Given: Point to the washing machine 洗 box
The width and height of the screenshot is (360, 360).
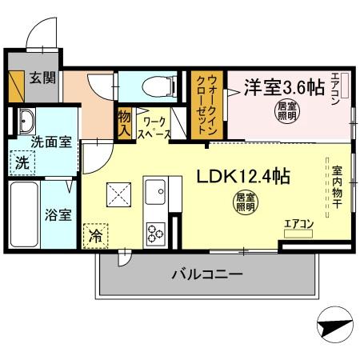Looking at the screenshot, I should [x=22, y=162].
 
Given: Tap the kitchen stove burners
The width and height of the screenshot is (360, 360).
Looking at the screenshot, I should [x=154, y=232].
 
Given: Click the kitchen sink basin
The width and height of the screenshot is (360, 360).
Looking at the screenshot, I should [x=154, y=192].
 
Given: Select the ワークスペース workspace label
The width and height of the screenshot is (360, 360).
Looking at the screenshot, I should [x=153, y=129].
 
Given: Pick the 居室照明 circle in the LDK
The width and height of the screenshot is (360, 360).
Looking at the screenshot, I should [x=246, y=202].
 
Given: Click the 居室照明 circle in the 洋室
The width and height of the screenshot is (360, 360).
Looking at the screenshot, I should [x=285, y=110].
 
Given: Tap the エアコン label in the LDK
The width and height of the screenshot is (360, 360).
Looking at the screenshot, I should [x=298, y=224].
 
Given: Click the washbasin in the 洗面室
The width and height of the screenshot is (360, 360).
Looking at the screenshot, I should [x=25, y=121].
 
